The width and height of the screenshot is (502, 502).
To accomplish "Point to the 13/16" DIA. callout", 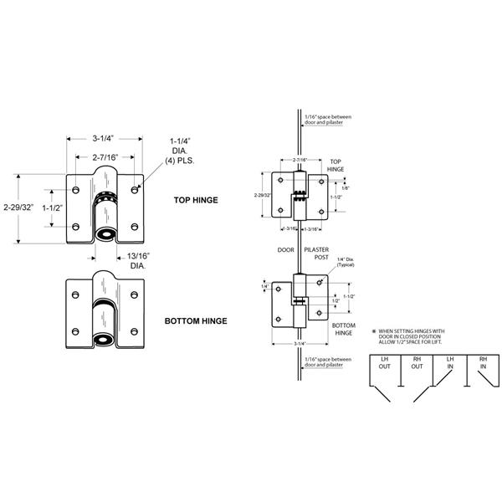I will [137, 260].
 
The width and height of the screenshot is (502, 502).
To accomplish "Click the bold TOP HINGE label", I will [197, 201].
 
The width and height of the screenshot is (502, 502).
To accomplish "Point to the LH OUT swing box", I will [386, 362].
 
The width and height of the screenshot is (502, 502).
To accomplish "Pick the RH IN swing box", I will [482, 362].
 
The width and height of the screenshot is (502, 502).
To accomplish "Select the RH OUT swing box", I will [417, 362].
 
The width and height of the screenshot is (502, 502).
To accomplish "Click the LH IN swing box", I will [450, 362].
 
